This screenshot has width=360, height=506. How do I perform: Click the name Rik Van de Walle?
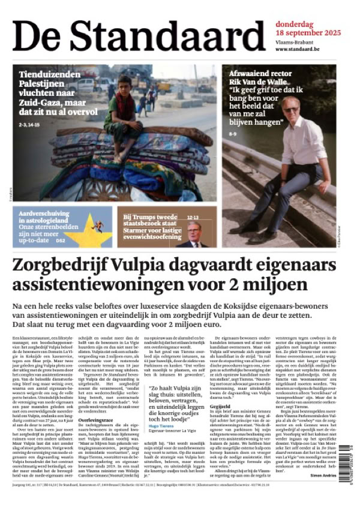tap(259, 83)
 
